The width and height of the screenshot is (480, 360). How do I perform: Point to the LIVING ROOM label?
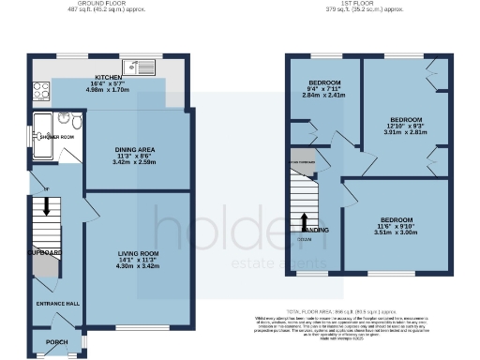137,253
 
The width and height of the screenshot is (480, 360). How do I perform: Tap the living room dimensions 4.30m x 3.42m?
137,266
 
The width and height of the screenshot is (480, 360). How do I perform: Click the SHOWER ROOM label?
56,137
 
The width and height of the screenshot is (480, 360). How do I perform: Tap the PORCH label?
57,341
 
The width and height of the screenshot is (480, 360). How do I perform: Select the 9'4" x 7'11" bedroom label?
323,82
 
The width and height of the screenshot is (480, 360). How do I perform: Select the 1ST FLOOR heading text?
367,4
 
